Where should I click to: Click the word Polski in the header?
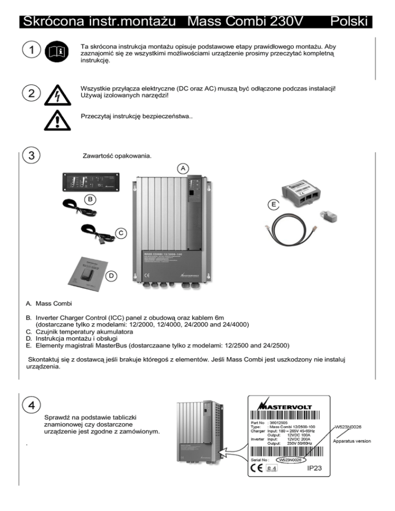[x=349, y=21]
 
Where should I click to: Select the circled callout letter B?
[x=90, y=198]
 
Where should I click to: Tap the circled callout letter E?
[x=275, y=205]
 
